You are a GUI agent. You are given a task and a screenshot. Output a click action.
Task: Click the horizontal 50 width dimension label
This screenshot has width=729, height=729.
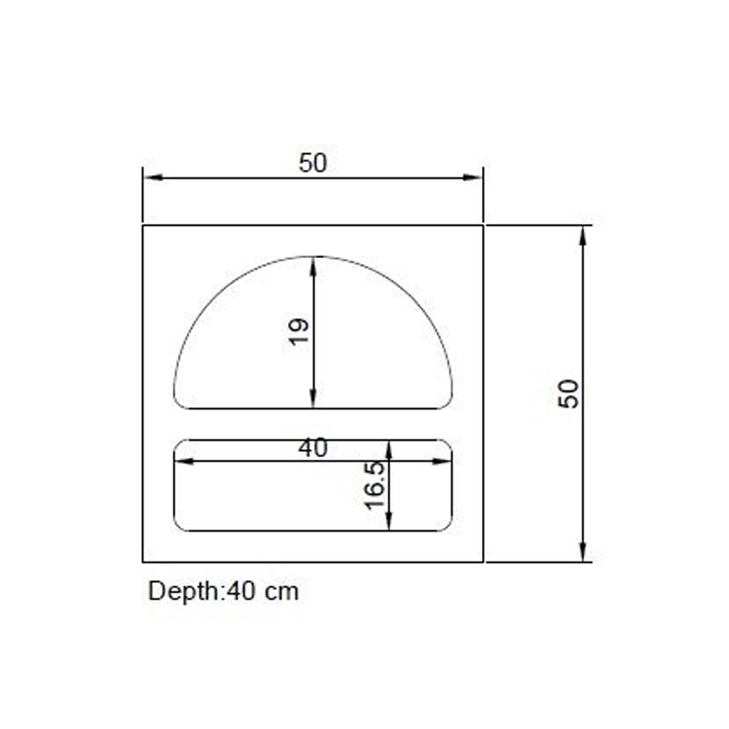(313, 163)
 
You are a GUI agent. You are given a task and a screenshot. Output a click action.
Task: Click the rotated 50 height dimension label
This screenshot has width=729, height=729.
(569, 394)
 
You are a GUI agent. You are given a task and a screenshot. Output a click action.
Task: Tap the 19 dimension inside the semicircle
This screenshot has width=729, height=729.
(298, 332)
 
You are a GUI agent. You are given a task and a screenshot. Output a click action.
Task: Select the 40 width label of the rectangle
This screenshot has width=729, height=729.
(313, 448)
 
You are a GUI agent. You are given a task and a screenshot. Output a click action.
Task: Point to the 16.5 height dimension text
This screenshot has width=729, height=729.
(375, 485)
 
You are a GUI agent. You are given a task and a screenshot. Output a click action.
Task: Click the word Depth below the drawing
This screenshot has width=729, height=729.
(184, 591)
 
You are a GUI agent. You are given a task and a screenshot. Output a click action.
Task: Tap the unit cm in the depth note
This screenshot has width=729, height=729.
(281, 593)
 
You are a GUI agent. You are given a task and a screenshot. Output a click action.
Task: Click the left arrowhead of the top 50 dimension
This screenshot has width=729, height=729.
(153, 177)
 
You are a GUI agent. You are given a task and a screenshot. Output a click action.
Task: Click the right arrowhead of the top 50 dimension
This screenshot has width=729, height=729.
(472, 177)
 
